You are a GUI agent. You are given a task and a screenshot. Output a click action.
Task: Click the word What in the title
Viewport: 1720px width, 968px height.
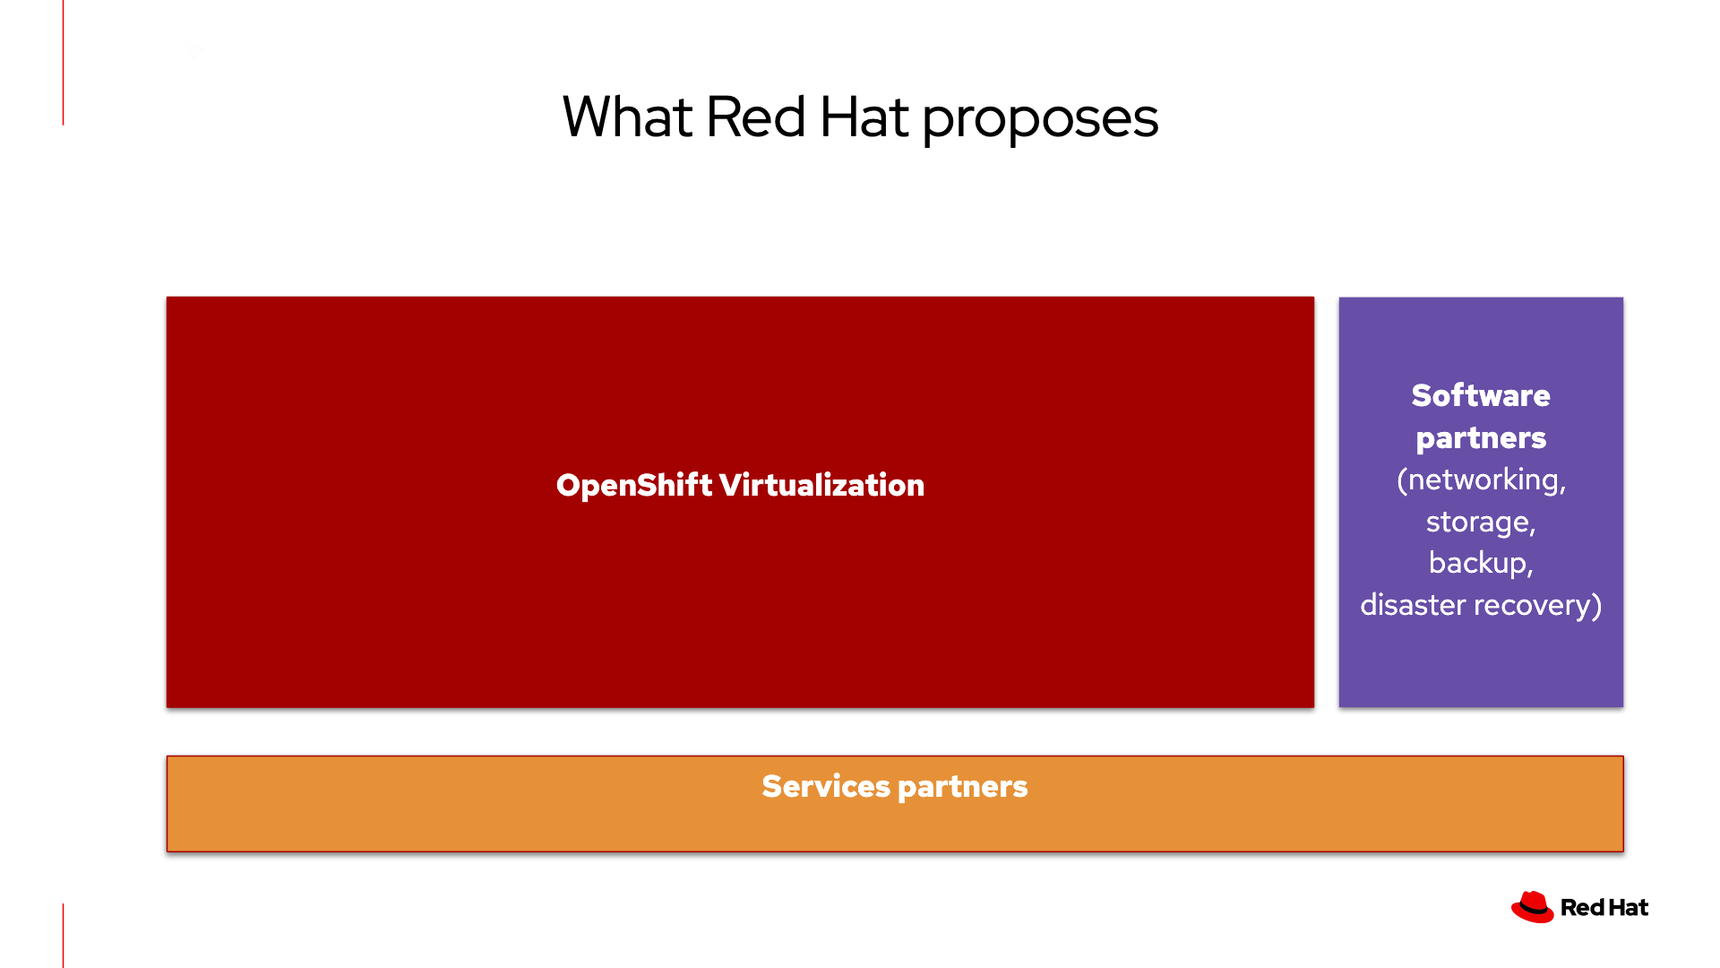pos(627,117)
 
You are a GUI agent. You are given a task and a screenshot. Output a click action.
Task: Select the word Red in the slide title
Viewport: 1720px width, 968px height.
pos(755,117)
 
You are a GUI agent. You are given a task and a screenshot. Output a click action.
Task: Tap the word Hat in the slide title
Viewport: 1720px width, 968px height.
pos(864,117)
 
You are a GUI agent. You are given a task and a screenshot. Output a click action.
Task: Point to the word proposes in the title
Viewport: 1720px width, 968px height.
pos(1040,119)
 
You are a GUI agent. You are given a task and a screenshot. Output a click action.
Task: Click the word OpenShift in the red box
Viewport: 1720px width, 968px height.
pos(633,485)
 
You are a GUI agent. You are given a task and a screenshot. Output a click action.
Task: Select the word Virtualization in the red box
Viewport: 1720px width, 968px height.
pos(821,485)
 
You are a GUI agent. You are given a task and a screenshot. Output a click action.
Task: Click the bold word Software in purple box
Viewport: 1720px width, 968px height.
pos(1480,395)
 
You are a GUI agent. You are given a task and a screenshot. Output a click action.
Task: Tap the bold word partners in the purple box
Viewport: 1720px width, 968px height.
pos(1480,438)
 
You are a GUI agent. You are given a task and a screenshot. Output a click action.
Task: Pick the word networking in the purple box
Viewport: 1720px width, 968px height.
pos(1485,480)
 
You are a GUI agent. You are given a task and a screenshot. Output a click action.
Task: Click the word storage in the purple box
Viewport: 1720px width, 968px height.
pos(1478,522)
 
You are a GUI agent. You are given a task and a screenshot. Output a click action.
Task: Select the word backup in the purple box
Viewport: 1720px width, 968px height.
pos(1478,563)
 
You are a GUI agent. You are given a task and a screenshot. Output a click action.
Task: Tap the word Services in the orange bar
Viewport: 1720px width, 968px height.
pos(825,786)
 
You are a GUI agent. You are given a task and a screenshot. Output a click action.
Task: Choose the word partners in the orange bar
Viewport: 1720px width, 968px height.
pos(962,787)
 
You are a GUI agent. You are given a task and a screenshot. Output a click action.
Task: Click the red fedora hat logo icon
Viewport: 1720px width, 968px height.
pos(1532,907)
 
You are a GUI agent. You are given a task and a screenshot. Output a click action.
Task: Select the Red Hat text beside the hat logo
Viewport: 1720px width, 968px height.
pos(1604,907)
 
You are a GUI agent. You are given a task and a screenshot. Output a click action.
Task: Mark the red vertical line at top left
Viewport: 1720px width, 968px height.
pos(63,63)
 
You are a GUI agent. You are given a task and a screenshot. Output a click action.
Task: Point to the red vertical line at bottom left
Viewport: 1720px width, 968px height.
pos(63,935)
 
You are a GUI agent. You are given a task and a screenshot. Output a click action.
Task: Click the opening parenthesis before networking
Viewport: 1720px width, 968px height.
pos(1402,480)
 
